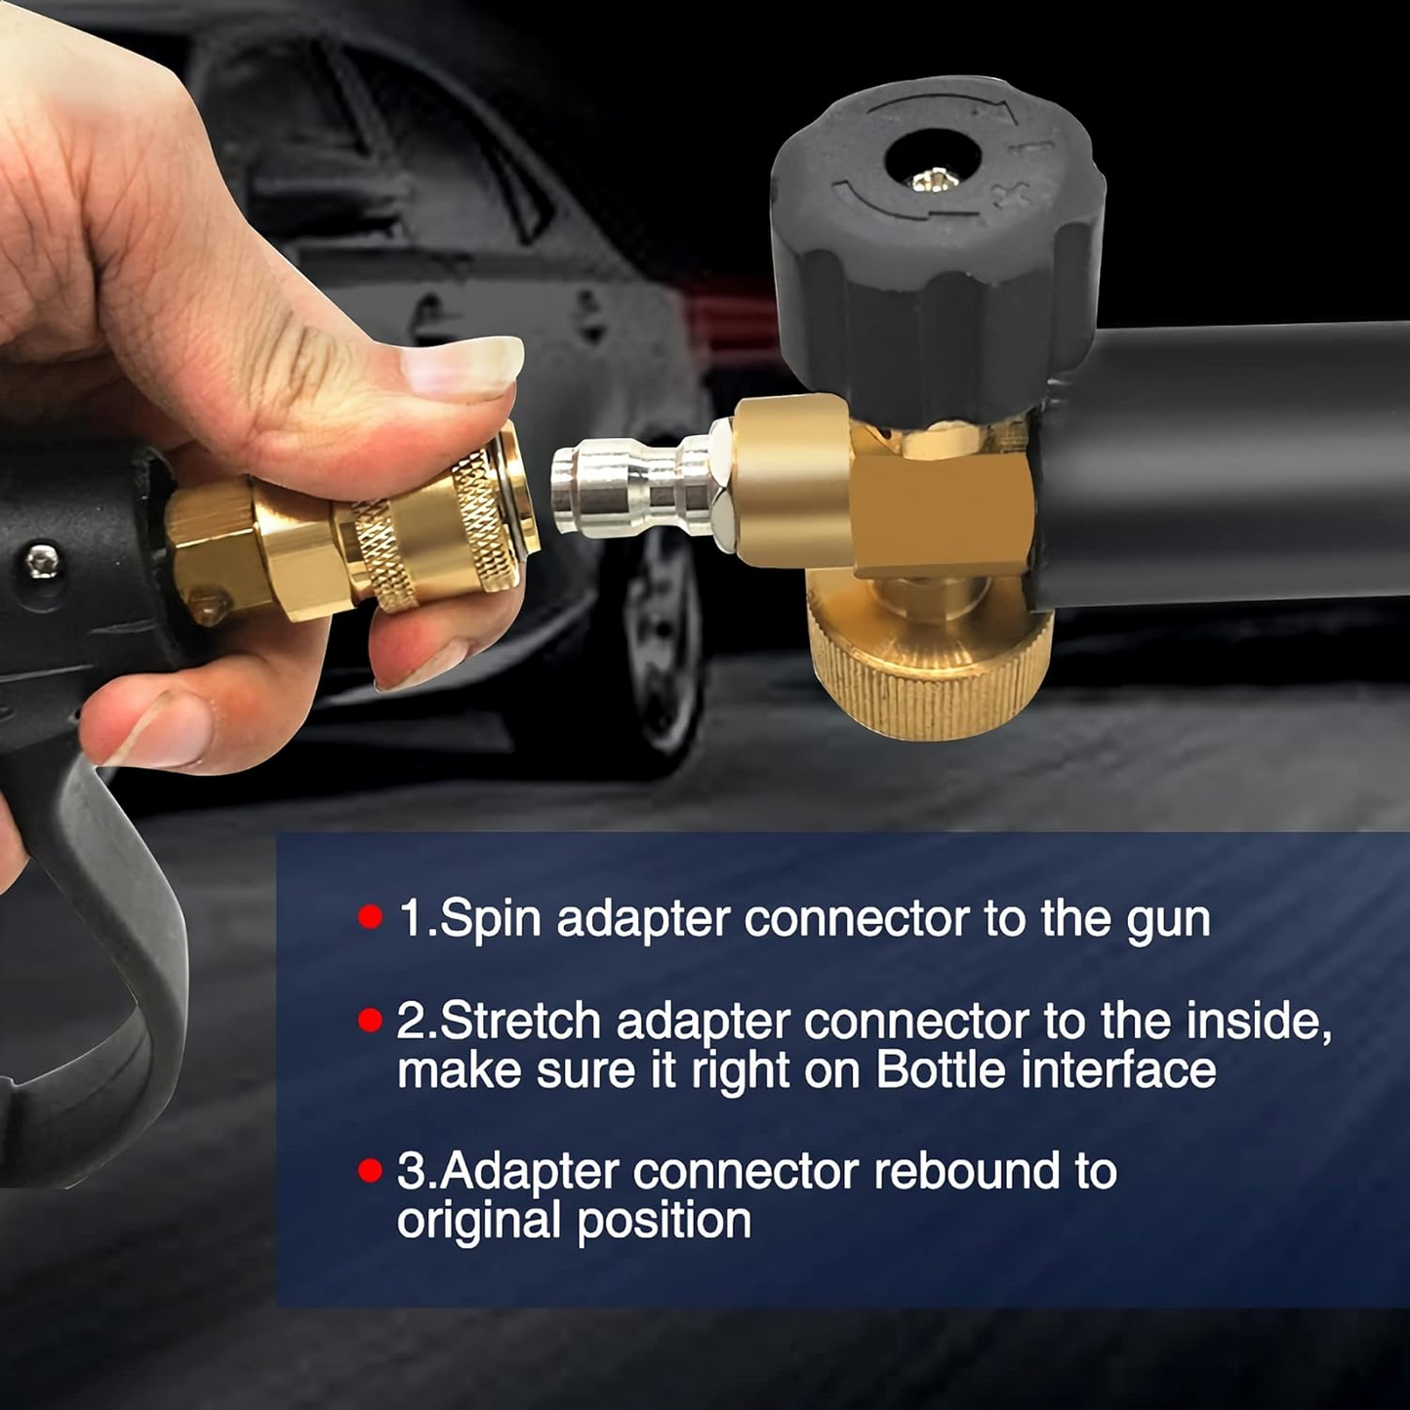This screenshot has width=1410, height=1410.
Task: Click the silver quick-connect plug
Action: (x=635, y=488)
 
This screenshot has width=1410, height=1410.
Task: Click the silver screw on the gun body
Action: (x=42, y=561)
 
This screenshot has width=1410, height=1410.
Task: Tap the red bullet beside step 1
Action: (x=370, y=916)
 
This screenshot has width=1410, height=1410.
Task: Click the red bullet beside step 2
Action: (x=370, y=1020)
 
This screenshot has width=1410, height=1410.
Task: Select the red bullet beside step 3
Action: (x=370, y=1170)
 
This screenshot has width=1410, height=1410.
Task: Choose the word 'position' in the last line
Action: (x=664, y=1221)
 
